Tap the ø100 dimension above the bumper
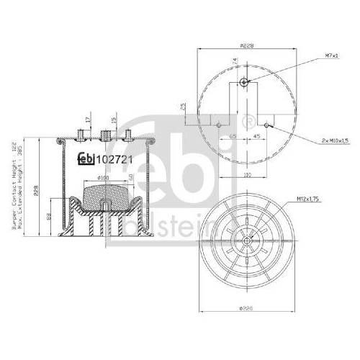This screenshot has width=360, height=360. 103,176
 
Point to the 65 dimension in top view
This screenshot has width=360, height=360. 233,135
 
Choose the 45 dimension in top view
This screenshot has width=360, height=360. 256,135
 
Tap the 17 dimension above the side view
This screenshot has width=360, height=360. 88,120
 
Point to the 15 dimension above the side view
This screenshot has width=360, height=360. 113,120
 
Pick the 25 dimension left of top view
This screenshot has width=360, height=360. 184,107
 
